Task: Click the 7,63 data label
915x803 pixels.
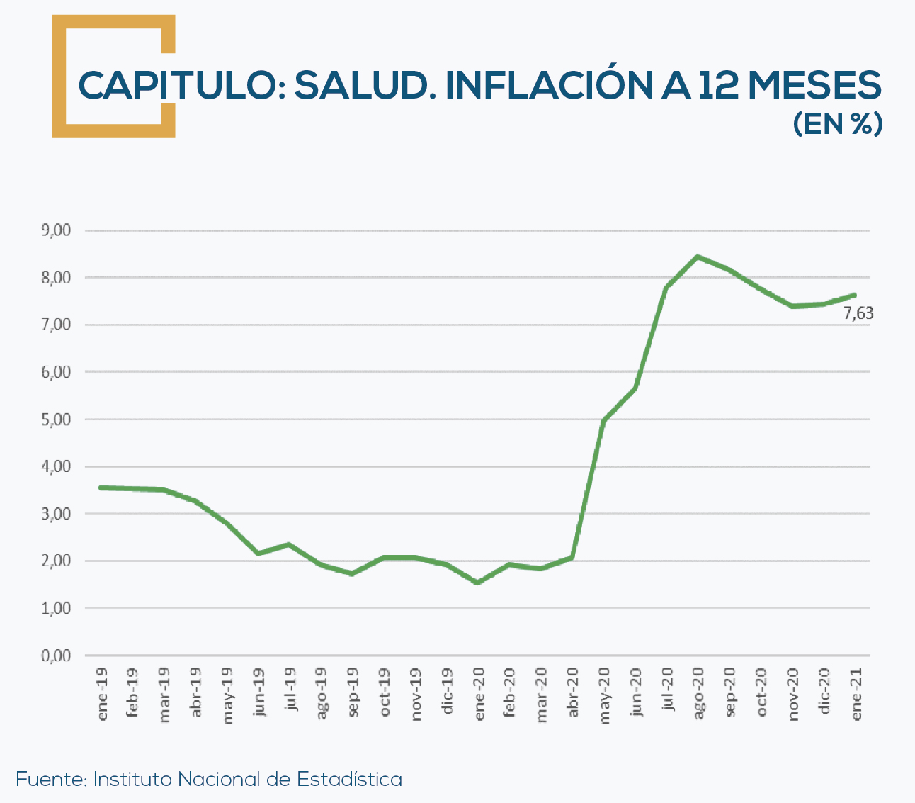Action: [x=858, y=313]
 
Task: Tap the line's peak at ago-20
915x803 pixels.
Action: [x=698, y=257]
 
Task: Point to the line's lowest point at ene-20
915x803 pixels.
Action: [x=477, y=583]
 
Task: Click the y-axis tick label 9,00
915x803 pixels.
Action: [x=57, y=230]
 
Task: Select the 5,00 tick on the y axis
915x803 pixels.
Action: [x=57, y=419]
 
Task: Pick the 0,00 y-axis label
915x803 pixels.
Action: [x=57, y=656]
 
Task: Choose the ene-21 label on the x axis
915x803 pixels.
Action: [x=856, y=694]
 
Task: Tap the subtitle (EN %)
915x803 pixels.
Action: [x=837, y=123]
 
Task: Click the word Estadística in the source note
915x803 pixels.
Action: [x=349, y=779]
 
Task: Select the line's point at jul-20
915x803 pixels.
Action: [x=666, y=288]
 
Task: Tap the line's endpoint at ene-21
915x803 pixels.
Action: [x=855, y=295]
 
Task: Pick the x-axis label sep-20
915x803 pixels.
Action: [x=730, y=694]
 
